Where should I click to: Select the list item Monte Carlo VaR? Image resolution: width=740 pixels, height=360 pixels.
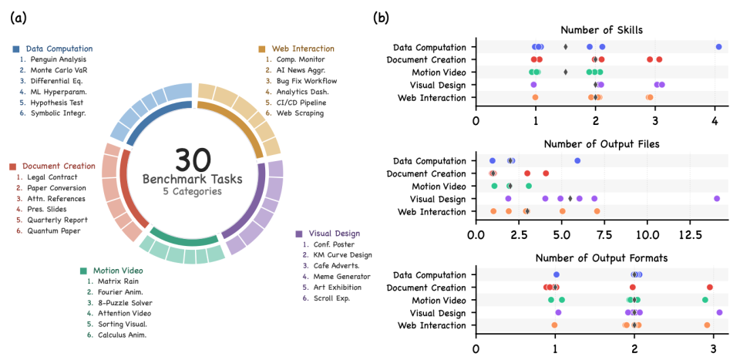59,70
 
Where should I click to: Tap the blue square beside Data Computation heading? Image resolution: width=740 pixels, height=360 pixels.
16,49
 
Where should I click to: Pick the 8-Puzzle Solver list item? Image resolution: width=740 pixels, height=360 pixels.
125,303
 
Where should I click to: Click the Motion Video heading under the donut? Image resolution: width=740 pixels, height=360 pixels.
118,271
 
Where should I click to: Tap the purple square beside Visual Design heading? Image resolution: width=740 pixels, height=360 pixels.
299,234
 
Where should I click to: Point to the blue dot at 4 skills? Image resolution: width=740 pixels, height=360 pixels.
718,47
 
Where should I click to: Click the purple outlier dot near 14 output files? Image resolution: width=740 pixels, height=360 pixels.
717,199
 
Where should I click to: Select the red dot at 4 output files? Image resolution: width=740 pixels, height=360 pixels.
546,173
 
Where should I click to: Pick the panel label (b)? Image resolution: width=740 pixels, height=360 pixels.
381,18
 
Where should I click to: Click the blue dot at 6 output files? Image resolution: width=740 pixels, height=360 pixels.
577,160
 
